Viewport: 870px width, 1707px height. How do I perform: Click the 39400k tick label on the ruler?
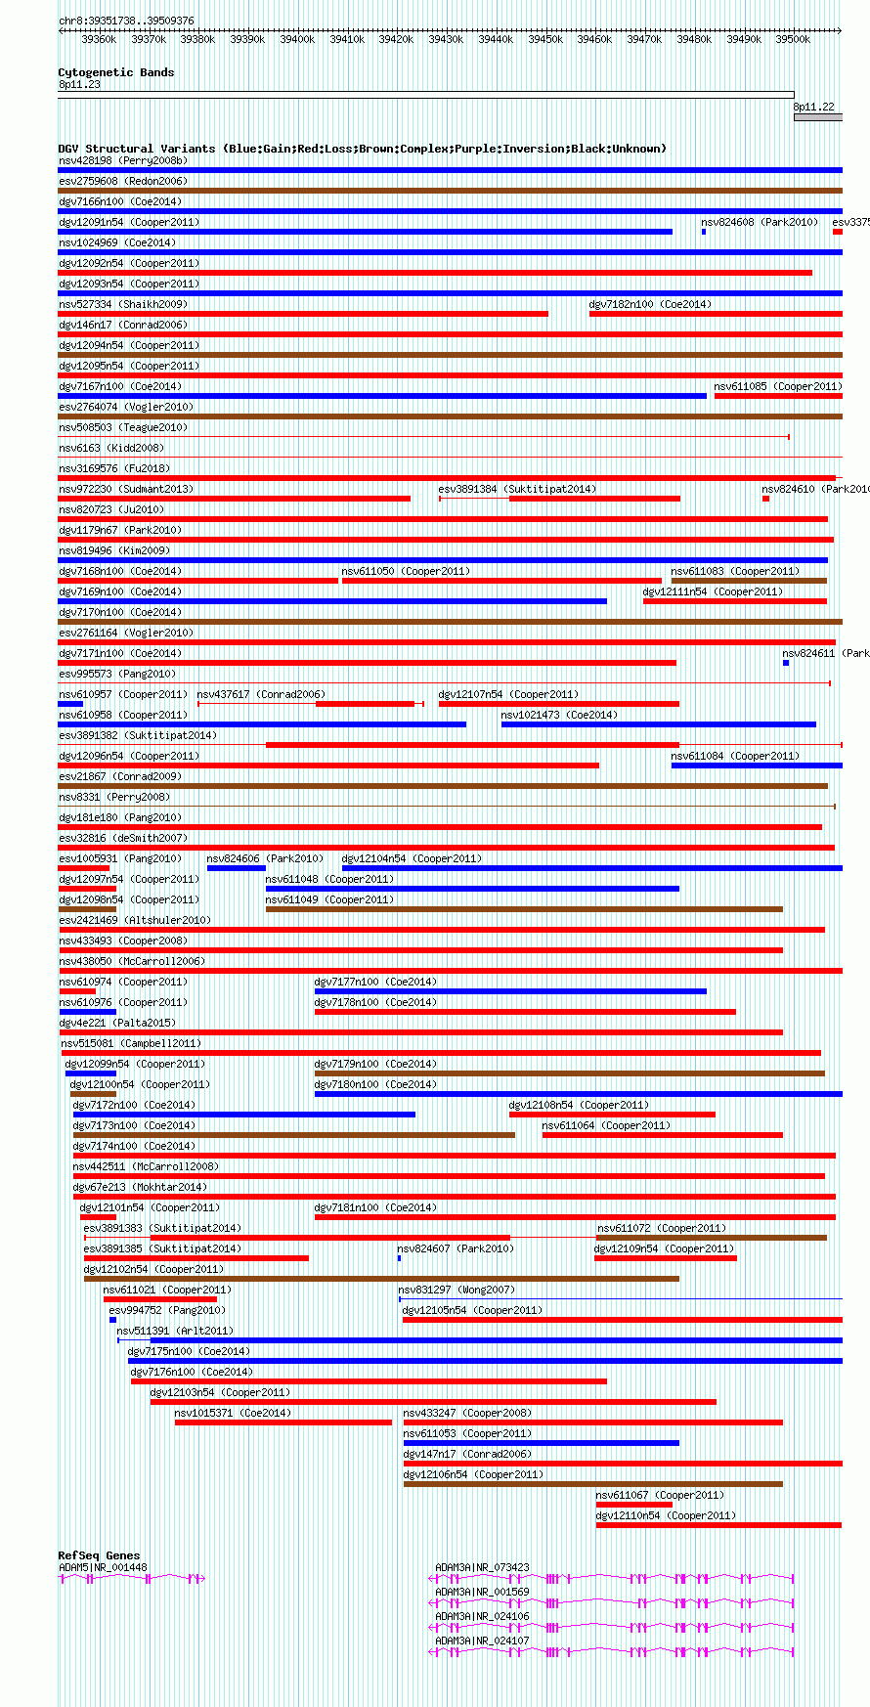point(297,39)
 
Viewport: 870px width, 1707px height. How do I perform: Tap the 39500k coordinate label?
point(793,39)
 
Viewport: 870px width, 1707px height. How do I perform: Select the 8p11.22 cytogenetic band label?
point(813,107)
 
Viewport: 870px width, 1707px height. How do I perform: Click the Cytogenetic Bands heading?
point(115,72)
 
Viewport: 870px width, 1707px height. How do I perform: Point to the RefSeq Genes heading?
point(99,1555)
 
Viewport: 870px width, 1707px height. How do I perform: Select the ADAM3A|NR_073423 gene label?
point(482,1567)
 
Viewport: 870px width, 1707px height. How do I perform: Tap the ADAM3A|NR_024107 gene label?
point(482,1641)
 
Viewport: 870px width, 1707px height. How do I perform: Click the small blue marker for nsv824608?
point(704,232)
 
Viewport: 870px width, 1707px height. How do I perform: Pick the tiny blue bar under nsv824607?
point(399,1258)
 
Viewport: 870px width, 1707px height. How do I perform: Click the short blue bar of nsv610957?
point(70,704)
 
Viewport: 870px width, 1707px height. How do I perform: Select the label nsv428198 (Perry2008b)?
point(123,160)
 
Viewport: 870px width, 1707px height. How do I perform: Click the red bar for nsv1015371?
point(283,1422)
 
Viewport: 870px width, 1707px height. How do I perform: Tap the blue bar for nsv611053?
point(541,1443)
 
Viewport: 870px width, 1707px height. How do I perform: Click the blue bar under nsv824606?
point(236,868)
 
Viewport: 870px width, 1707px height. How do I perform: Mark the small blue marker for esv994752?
point(113,1320)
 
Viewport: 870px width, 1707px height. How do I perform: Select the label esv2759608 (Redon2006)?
point(122,181)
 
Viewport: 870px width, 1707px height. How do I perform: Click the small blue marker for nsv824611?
point(786,663)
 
